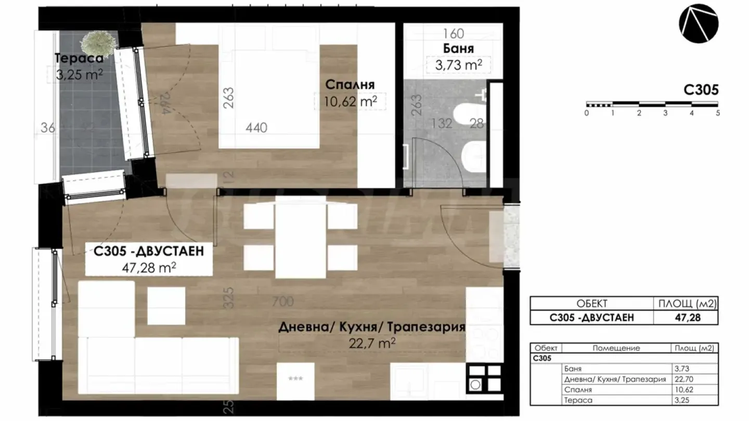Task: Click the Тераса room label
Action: [79, 58]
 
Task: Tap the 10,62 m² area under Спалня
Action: [350, 101]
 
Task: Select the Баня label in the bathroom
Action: [458, 49]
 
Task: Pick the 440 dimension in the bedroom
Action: [256, 127]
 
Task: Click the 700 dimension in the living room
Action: [282, 301]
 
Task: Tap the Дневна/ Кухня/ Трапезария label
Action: [371, 327]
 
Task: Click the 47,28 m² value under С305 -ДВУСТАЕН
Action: [149, 267]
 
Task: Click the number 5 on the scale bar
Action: [717, 113]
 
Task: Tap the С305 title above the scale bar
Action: [701, 89]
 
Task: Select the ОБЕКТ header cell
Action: [591, 304]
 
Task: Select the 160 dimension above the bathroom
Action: [453, 34]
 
